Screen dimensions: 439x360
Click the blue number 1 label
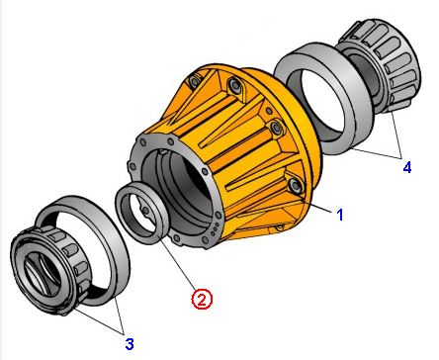tap(340, 215)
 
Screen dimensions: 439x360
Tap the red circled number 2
tap(202, 299)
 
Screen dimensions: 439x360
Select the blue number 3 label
tap(130, 344)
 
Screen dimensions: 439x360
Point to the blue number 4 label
tap(407, 167)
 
